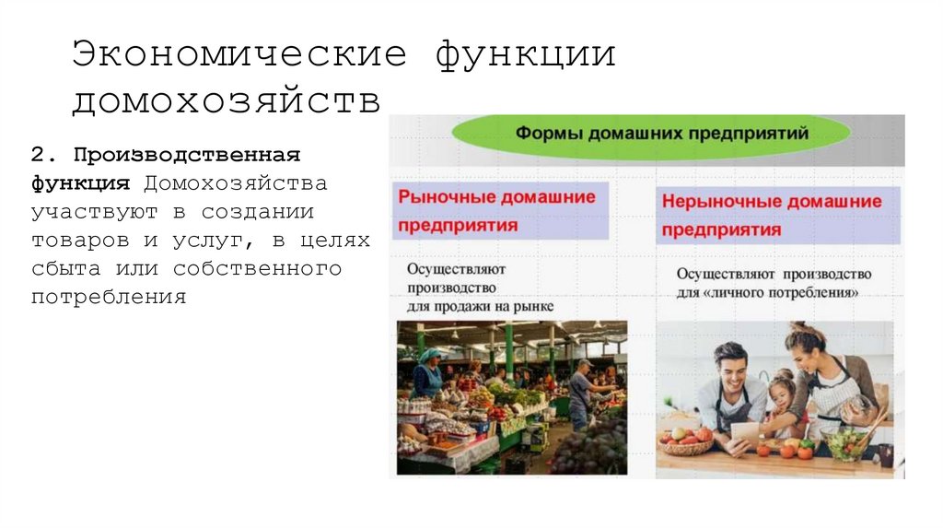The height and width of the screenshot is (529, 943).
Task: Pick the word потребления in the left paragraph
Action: click(109, 299)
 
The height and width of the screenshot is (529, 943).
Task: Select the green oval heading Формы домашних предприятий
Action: click(650, 134)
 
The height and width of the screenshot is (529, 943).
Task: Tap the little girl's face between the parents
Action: click(784, 391)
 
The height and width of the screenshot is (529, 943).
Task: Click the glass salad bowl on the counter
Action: click(846, 442)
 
